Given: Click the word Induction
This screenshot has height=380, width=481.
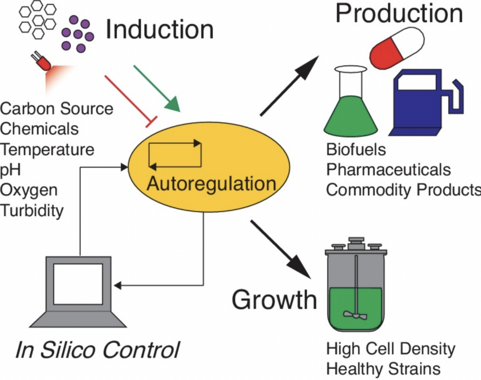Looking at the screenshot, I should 159,30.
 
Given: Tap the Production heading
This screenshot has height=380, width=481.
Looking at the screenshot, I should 399,13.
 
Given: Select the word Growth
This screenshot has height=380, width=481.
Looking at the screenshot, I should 274,300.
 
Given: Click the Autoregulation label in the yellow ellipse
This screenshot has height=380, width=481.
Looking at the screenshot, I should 211,184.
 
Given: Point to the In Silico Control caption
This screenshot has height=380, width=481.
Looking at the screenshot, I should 97,350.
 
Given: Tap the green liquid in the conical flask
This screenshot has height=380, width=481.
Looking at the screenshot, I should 351,117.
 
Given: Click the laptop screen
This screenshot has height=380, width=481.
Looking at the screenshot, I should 78,284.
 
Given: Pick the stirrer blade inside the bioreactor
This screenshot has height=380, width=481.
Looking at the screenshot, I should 355,314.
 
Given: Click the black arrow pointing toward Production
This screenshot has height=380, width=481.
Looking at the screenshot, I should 289,86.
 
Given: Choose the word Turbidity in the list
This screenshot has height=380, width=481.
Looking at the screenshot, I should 32,211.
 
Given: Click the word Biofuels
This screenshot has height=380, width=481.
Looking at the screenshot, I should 356,150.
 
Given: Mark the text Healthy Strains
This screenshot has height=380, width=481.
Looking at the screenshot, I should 383,369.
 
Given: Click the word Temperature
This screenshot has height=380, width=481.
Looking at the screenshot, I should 47,149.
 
